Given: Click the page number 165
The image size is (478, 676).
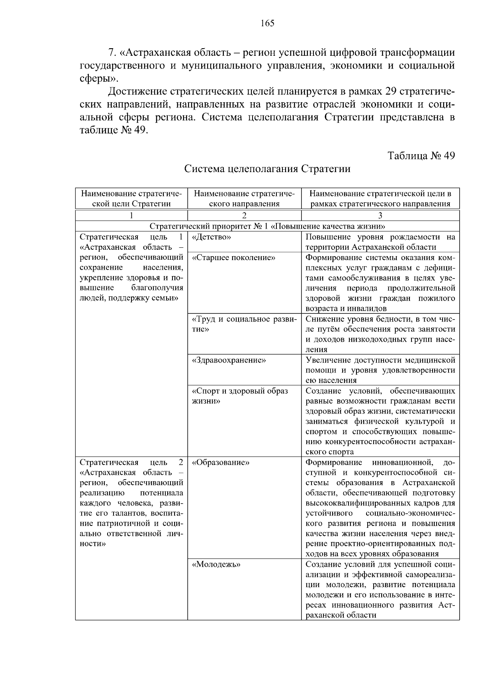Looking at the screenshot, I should point(267,24).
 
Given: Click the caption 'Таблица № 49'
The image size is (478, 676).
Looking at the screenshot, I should point(421,156).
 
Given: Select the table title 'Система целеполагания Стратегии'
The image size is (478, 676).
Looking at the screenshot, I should point(267,169).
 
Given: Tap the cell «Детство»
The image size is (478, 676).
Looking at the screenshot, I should point(212,237).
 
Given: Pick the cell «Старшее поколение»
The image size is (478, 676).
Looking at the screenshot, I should point(233,258).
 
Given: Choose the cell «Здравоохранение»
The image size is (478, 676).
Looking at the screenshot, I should point(229,360).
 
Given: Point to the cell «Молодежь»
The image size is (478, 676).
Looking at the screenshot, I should point(216,564).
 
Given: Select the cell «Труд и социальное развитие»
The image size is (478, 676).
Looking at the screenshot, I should point(244,324).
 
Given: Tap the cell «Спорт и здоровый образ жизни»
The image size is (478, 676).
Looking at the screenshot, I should point(240,396).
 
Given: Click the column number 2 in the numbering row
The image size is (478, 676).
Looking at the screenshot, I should point(244,216).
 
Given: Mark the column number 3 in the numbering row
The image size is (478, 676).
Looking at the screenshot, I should point(380,216).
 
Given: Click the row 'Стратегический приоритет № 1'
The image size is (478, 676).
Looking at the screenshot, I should point(267,226).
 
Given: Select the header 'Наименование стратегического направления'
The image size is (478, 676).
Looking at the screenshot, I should point(244,199).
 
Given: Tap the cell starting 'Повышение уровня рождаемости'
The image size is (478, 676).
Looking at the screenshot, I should point(380,242).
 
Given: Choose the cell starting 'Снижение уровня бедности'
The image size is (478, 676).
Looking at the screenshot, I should point(380,334).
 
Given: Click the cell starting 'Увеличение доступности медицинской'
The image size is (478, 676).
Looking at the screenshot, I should point(380,370).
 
